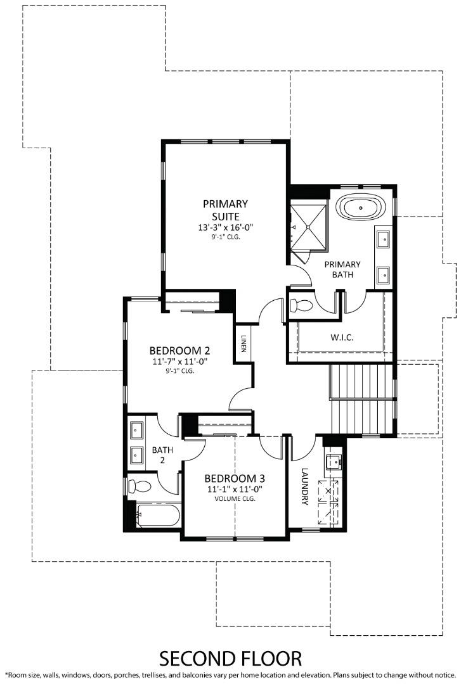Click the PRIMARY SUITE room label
tap(225, 210)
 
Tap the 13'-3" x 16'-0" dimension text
tap(225, 227)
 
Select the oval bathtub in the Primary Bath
tap(360, 207)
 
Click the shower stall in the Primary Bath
tap(309, 225)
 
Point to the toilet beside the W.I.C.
tap(301, 305)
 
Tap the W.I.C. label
tap(342, 337)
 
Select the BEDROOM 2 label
tap(179, 350)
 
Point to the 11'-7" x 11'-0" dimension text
tap(179, 362)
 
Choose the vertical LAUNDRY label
tap(304, 486)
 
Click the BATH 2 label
tap(159, 455)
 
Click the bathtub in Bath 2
tap(157, 514)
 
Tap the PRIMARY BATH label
tap(342, 269)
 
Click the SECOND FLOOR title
tap(230, 658)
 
